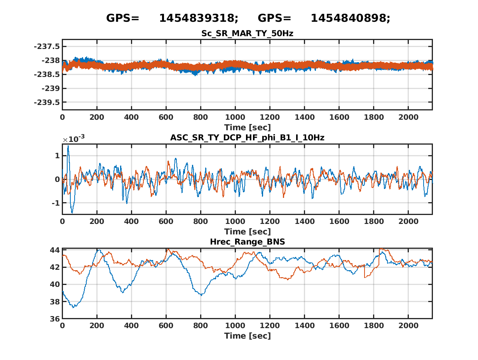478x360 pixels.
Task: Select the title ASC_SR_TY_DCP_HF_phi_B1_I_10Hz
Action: tap(247, 138)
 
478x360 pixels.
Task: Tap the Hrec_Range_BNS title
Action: tap(247, 242)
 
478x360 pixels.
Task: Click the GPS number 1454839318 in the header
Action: tap(198, 18)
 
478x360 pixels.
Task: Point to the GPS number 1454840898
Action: tap(350, 18)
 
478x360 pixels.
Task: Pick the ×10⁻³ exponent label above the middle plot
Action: tap(74, 139)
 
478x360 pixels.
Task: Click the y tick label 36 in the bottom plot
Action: tap(54, 319)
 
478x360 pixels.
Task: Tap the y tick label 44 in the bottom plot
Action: tap(54, 250)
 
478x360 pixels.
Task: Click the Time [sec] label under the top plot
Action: tap(247, 128)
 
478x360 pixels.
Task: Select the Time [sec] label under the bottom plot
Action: tap(247, 336)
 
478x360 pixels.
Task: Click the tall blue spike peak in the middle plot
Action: tap(68, 146)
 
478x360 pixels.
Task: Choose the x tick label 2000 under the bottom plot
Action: tap(408, 325)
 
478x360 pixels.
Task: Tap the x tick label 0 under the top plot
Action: tap(62, 117)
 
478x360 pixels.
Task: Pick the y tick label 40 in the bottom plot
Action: tap(54, 285)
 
